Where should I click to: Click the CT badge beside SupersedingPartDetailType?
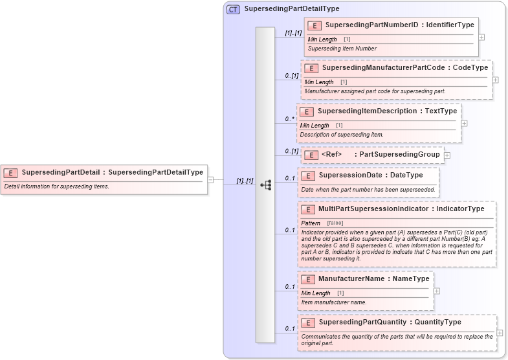point(233,9)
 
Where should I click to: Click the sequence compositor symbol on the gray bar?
point(265,185)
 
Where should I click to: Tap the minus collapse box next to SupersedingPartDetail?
point(211,179)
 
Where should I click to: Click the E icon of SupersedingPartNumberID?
point(315,25)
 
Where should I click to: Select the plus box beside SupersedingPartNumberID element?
point(481,37)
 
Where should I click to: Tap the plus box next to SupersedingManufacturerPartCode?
point(495,80)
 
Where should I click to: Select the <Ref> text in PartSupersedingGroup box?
point(331,155)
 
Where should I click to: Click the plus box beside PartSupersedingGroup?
point(447,155)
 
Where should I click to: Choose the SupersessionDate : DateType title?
point(371,175)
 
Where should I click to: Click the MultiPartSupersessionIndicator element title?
point(401,209)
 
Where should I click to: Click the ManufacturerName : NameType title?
point(373,279)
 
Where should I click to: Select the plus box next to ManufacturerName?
point(436,291)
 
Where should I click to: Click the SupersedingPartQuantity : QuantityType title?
point(390,322)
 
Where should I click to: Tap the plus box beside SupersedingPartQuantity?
point(500,333)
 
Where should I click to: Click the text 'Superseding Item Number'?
point(342,49)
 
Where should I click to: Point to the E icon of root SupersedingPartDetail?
point(10,173)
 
